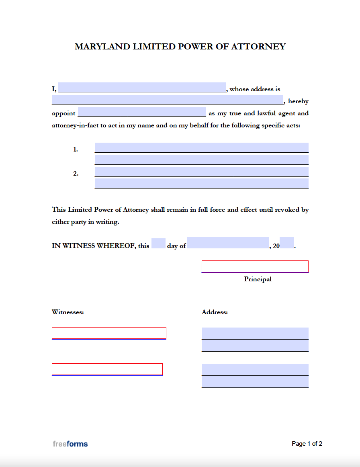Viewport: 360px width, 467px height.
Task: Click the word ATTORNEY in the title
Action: click(x=258, y=47)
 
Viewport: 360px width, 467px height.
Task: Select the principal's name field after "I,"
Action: click(x=142, y=88)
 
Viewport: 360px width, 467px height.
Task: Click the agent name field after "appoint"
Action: click(x=141, y=112)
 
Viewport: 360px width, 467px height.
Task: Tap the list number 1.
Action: click(x=75, y=150)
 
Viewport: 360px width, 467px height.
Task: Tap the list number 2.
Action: click(x=75, y=174)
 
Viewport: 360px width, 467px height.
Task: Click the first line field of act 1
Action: click(x=201, y=147)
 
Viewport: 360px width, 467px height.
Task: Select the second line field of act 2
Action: click(x=201, y=184)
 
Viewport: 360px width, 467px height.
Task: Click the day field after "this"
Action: click(x=158, y=244)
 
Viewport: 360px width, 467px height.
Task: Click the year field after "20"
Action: click(x=286, y=244)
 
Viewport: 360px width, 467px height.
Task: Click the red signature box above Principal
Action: click(x=255, y=266)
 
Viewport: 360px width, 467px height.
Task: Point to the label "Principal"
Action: click(x=258, y=279)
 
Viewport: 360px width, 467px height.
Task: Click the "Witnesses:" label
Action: click(x=68, y=312)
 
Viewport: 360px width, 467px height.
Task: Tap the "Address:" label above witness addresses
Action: click(x=215, y=312)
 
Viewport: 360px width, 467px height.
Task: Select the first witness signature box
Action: click(x=109, y=333)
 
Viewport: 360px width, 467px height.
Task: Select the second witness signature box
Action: click(x=107, y=369)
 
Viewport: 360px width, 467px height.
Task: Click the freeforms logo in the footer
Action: click(x=70, y=444)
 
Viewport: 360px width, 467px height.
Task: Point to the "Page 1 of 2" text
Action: click(x=307, y=444)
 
